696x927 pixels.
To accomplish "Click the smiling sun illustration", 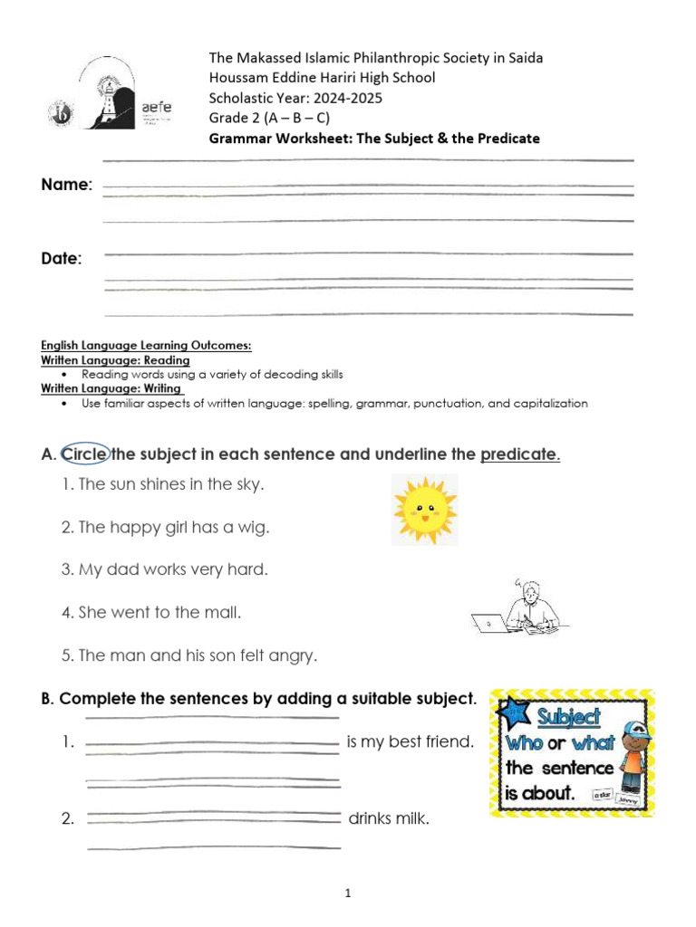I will tap(424, 510).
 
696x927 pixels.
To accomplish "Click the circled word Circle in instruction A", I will tap(85, 454).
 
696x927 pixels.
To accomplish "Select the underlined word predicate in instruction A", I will tap(519, 454).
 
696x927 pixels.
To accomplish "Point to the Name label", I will tap(66, 185).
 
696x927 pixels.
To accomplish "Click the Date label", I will tap(61, 259).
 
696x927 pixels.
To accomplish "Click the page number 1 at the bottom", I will tap(347, 894).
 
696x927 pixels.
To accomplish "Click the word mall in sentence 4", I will tap(222, 612).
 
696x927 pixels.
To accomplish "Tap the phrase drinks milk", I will tap(389, 819).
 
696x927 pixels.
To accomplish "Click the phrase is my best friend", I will tap(411, 742).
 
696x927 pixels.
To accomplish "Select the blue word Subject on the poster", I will tap(568, 718).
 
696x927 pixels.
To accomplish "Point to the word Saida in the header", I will tap(523, 58).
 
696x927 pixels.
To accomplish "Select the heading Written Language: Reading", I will tap(115, 360).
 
